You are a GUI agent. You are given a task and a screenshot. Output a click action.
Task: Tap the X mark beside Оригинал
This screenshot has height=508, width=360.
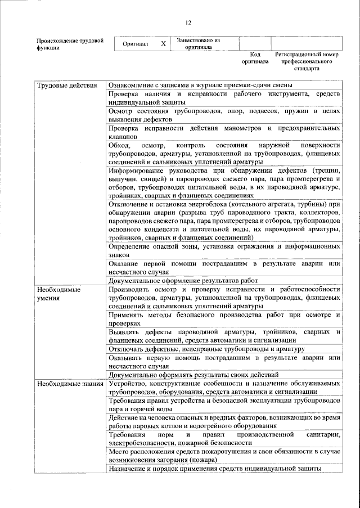tap(163, 44)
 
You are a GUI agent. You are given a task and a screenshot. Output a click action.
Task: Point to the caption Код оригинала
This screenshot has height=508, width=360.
tap(255, 58)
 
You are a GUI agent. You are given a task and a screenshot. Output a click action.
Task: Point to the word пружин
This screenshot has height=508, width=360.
tap(298, 111)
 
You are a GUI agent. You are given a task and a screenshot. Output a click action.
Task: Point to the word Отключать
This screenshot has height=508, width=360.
tap(126, 349)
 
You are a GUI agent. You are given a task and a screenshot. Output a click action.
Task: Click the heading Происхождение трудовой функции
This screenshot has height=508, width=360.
tap(70, 44)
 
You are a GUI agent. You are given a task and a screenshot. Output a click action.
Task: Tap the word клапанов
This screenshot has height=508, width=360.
tap(122, 137)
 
